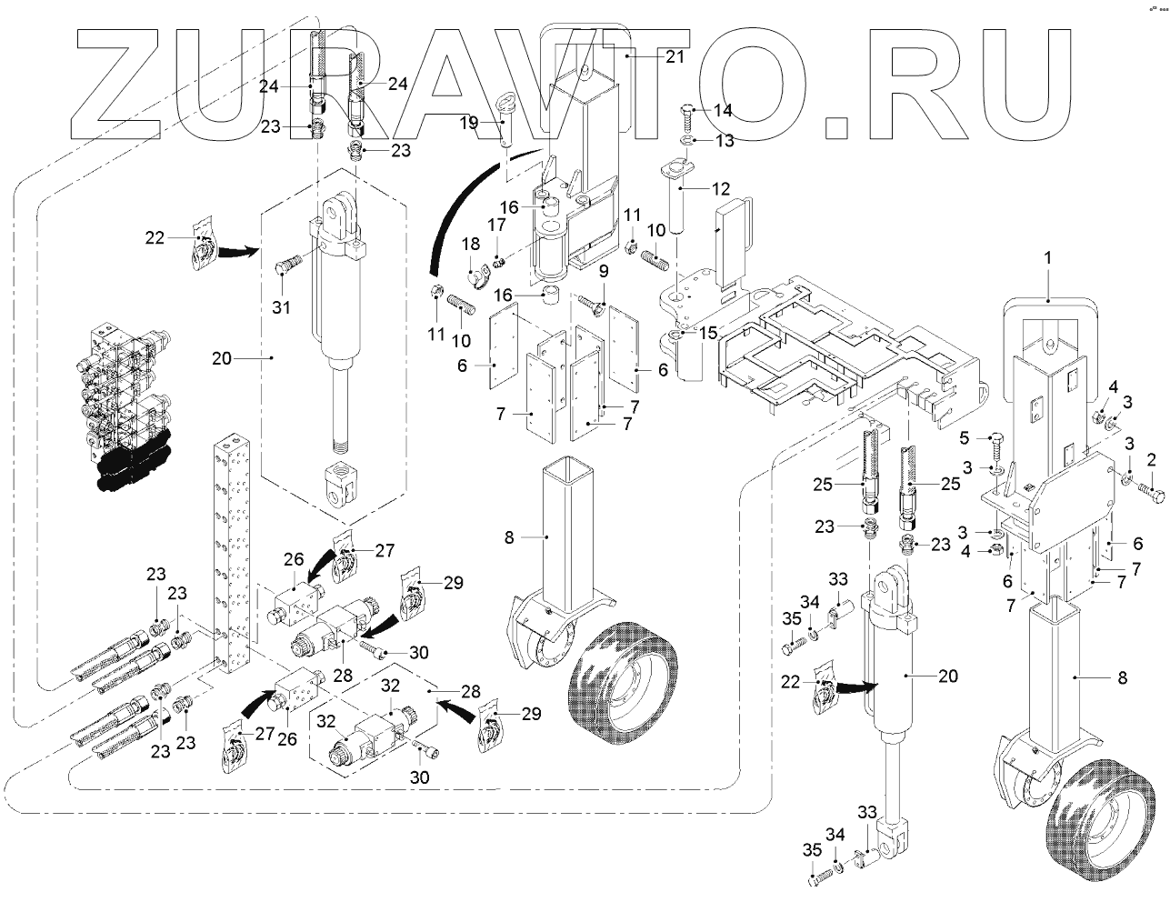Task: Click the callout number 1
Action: [x=1048, y=258]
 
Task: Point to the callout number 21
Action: [x=675, y=56]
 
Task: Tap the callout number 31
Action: [x=281, y=307]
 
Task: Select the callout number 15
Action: [x=708, y=333]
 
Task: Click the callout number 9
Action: [x=604, y=271]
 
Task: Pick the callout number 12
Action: [x=720, y=188]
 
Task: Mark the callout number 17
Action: [x=497, y=224]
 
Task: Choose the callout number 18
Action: [x=471, y=244]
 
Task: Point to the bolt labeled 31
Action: [x=289, y=266]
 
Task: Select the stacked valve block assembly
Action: [x=129, y=407]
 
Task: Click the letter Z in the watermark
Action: [x=115, y=84]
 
